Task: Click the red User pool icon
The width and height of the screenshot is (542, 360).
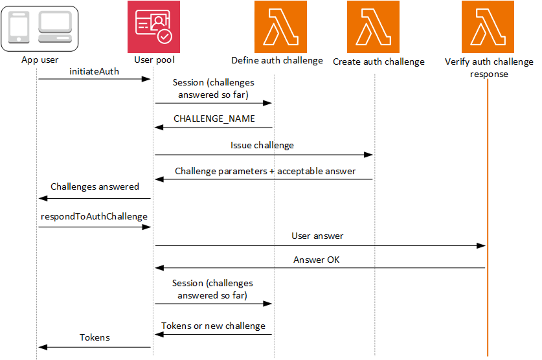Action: pos(154,27)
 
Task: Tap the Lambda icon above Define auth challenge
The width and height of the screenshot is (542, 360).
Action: pos(276,27)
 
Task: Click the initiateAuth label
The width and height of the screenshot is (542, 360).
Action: pos(94,71)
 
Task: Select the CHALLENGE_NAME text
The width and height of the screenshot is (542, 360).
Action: pos(214,119)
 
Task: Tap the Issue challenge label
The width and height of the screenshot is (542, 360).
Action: pos(262,146)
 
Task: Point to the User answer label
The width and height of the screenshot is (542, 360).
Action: pos(317,236)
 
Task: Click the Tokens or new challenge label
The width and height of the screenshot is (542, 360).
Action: pos(213,326)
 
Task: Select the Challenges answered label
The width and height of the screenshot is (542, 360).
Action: pos(95,186)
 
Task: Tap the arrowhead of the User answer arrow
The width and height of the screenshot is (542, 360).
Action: pos(482,245)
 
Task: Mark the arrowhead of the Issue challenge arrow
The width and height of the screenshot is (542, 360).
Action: pos(369,155)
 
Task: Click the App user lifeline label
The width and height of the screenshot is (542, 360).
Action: pos(38,60)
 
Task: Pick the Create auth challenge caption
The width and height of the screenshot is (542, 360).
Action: pos(378,62)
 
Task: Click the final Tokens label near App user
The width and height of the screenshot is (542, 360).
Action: pos(95,337)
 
